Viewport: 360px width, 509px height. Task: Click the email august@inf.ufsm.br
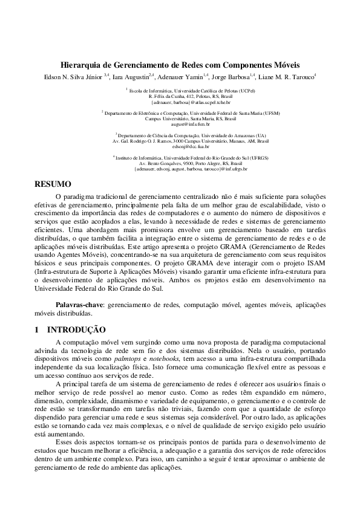[180, 123]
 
